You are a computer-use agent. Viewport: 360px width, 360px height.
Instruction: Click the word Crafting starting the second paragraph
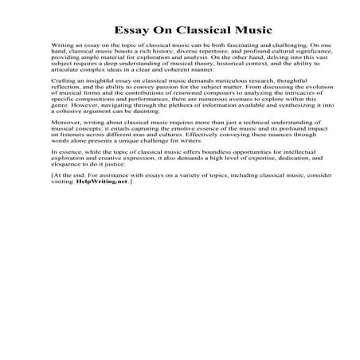[x=61, y=82]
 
